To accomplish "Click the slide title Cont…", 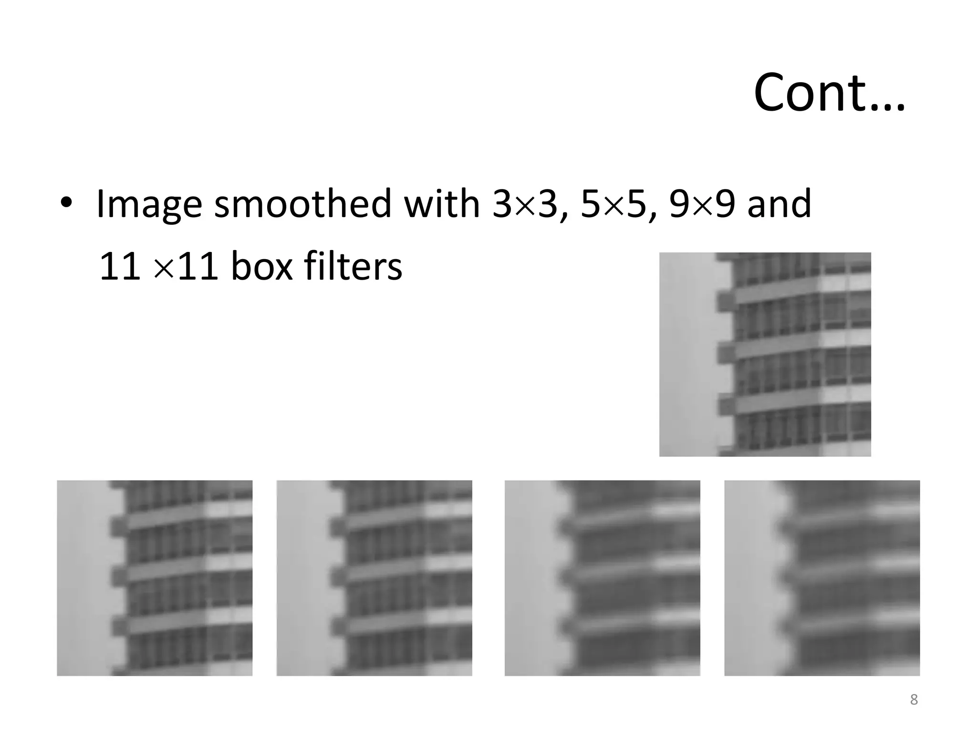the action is point(829,93).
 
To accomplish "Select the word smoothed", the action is point(302,204).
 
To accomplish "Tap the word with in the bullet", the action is point(441,204).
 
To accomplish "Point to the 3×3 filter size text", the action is point(524,204).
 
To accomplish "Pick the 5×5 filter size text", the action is point(613,204).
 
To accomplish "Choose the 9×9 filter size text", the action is point(701,204).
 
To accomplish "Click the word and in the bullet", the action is point(779,204).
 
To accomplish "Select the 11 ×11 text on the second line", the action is point(158,266).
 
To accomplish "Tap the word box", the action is point(261,266).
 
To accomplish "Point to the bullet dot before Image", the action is point(66,202).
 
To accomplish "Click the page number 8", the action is point(914,700).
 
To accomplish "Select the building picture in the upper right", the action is point(765,354).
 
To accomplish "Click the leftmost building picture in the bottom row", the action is point(155,577).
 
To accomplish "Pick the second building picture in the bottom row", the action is point(374,577).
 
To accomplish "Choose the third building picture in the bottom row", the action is point(602,577).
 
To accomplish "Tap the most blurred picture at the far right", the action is point(821,577).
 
